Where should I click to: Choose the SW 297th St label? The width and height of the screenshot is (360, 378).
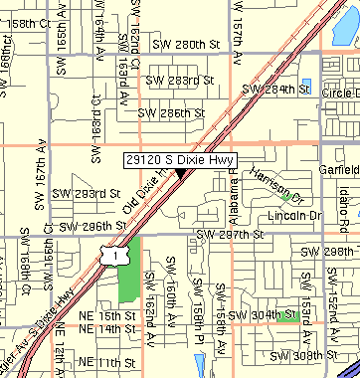pos(231,235)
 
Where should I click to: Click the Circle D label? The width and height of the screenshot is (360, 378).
pos(340,93)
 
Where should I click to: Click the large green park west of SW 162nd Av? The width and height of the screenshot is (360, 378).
pos(130,271)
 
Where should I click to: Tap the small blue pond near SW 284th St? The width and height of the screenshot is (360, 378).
pos(305,86)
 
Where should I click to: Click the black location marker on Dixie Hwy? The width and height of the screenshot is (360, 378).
pos(182,174)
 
